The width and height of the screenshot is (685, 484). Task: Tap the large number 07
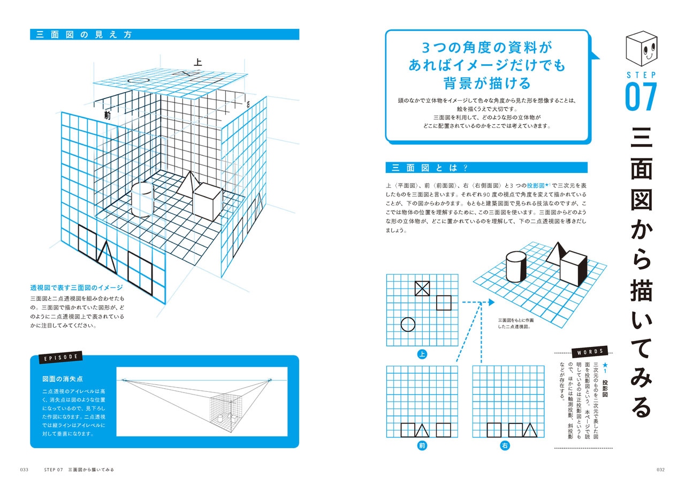point(641,97)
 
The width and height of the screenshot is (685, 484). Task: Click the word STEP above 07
point(641,75)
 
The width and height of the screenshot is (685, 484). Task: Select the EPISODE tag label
point(60,357)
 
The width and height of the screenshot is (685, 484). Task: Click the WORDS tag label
point(590,352)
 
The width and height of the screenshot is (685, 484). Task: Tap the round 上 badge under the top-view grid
point(422,354)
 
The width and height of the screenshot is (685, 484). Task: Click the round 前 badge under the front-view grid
point(422,445)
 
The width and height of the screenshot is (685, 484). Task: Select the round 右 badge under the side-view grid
point(505,445)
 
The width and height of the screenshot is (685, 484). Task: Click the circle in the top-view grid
point(408,324)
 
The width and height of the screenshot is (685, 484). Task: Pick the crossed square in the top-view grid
point(422,289)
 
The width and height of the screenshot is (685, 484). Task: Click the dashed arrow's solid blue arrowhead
point(491,303)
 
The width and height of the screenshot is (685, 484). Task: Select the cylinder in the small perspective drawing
point(516,268)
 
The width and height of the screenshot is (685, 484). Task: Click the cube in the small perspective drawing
point(574,271)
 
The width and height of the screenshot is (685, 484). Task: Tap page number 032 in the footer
point(660,470)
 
